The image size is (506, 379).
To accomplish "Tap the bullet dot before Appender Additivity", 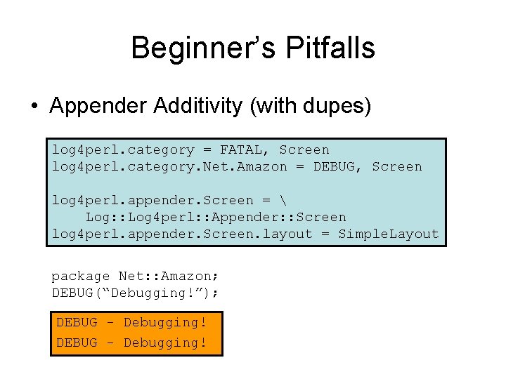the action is click(33, 107).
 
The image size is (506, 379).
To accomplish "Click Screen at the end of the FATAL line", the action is click(304, 149).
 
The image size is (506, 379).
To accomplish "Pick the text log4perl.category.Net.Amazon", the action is click(169, 166).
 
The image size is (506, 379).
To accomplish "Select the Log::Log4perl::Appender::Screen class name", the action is click(216, 217).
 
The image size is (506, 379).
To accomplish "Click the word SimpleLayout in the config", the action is click(389, 234).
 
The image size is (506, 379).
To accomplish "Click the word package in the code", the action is click(81, 277).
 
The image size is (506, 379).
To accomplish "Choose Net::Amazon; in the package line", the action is click(164, 277).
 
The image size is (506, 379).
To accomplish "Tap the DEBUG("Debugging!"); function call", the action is click(135, 293).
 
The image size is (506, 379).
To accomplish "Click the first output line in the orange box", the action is click(131, 322).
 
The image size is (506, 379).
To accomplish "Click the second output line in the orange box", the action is click(131, 343).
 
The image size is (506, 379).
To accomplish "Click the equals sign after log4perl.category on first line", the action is click(207, 149).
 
